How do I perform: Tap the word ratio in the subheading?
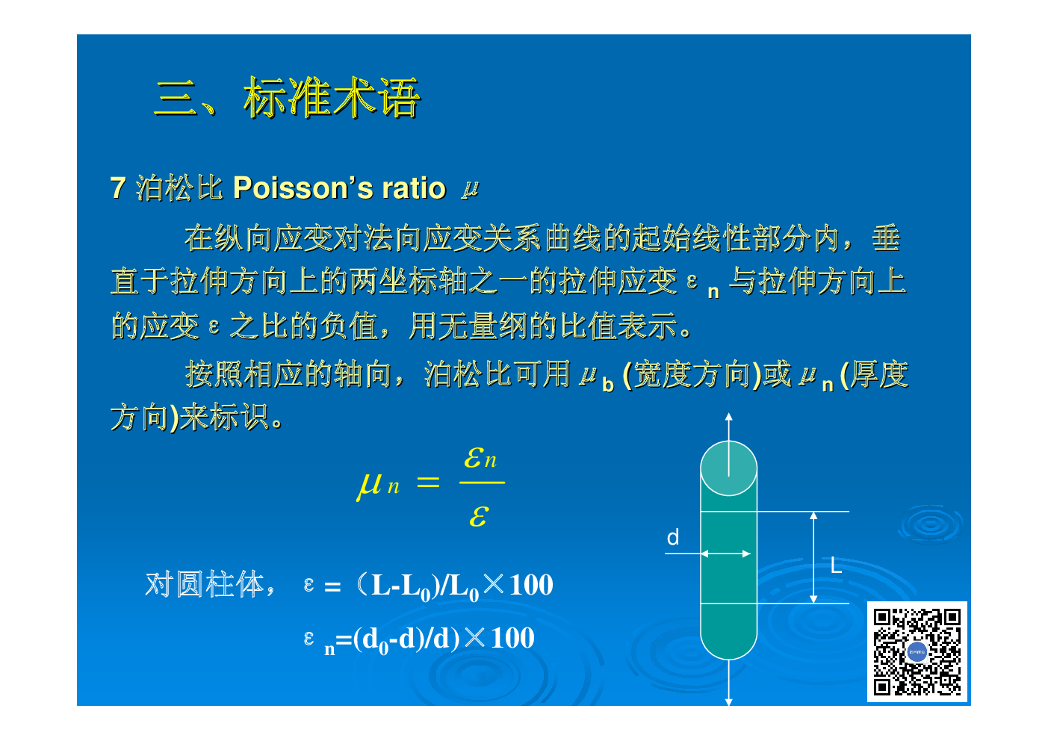[x=414, y=188]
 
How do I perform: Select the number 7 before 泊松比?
[x=118, y=188]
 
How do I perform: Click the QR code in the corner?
[x=917, y=651]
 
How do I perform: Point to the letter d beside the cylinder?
[x=673, y=537]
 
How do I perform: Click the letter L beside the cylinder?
[x=836, y=565]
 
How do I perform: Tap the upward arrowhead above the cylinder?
[x=728, y=417]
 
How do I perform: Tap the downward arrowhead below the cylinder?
[x=728, y=701]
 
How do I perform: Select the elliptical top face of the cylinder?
[x=728, y=468]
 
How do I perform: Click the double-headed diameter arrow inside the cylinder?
[x=726, y=554]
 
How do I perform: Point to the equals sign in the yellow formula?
[x=428, y=483]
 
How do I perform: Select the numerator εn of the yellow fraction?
[x=480, y=457]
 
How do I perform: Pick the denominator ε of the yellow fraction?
[x=479, y=516]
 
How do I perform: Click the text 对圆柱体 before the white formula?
[x=205, y=584]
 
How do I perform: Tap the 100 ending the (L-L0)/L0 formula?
[x=531, y=585]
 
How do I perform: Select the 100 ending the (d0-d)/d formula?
[x=512, y=638]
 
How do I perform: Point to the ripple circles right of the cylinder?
[x=931, y=524]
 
